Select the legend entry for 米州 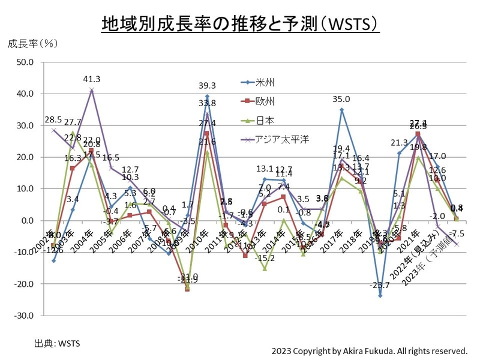(x=265, y=82)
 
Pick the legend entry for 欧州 (x=265, y=101)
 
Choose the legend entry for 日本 (x=265, y=121)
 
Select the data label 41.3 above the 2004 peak (x=92, y=79)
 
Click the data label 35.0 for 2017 (x=342, y=100)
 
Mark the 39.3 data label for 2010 (x=207, y=86)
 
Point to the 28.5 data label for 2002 (x=53, y=119)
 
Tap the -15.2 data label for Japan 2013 (x=265, y=259)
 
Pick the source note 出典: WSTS (x=58, y=344)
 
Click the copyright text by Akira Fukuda (x=369, y=350)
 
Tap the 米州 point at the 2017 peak (x=341, y=110)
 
